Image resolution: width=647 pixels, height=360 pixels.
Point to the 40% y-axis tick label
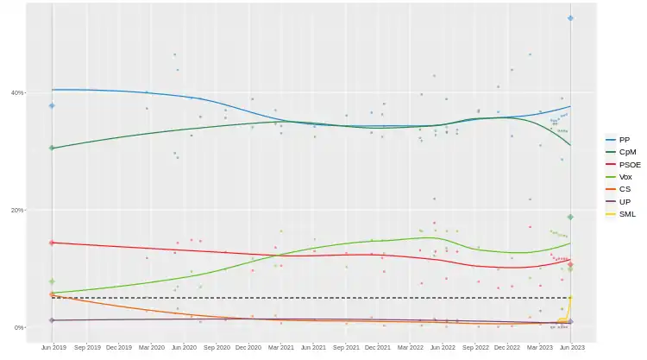(x=17, y=92)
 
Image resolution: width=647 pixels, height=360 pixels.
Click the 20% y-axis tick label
(x=17, y=210)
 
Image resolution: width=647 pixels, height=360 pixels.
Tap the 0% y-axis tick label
(x=19, y=328)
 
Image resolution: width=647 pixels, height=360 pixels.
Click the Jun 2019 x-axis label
(x=53, y=347)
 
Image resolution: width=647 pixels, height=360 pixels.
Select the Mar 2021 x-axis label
(x=280, y=347)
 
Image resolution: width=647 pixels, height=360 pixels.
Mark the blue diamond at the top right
(x=570, y=18)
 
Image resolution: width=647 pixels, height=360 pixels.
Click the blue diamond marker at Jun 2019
(x=52, y=105)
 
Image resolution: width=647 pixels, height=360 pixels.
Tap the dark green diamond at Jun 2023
(x=570, y=217)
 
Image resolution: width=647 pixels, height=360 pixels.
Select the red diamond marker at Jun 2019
(x=52, y=243)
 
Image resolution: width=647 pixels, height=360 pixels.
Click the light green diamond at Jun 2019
(x=52, y=281)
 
